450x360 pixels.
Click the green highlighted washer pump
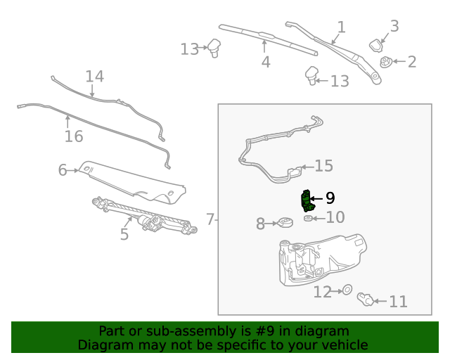(306, 201)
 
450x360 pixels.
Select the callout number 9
(330, 199)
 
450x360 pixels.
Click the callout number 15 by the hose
(323, 166)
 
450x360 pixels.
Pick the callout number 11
(398, 302)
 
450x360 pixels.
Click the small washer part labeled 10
(308, 219)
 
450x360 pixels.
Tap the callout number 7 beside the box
(210, 219)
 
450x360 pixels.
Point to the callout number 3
(394, 26)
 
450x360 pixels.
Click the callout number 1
(341, 27)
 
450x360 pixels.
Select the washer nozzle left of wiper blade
(214, 49)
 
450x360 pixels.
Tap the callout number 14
(94, 76)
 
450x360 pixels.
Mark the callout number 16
(74, 136)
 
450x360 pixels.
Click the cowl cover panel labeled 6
(134, 179)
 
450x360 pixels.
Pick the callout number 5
(124, 234)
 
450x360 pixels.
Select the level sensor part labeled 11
(366, 300)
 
